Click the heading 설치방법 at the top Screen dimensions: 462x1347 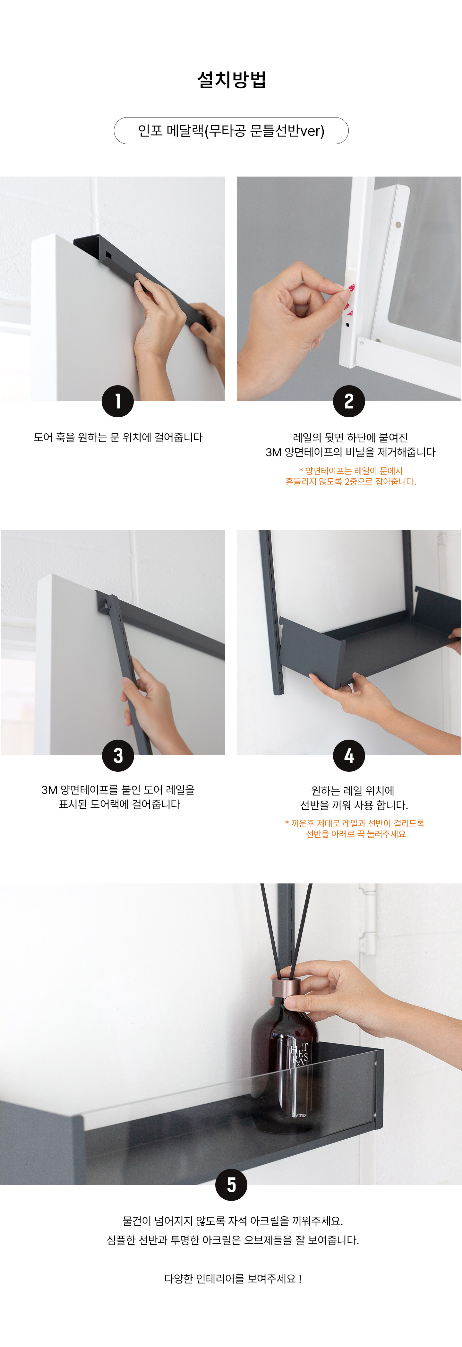click(x=232, y=80)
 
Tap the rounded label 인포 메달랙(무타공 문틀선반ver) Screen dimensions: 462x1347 click(x=231, y=131)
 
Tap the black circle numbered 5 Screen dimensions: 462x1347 click(x=231, y=1185)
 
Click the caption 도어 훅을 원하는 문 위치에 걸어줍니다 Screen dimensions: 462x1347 click(x=118, y=437)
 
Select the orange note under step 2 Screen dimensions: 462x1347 click(x=351, y=476)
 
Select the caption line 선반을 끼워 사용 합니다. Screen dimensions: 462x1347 click(x=354, y=805)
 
